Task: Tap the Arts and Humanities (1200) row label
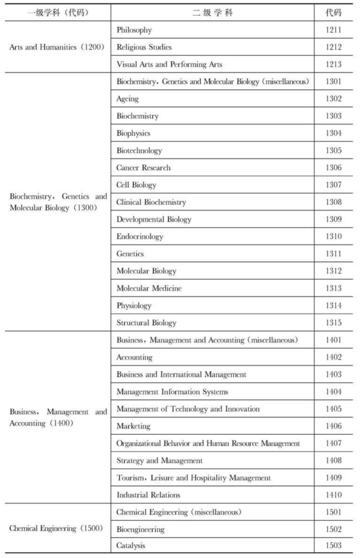pos(57,47)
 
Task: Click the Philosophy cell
pos(134,30)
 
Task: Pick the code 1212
pos(334,47)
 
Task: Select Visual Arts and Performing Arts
pos(169,65)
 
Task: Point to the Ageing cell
pos(128,99)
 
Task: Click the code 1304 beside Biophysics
pos(334,133)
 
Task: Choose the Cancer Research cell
pos(143,168)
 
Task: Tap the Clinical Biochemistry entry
pos(151,202)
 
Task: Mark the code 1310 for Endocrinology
pos(334,237)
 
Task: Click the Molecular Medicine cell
pos(149,289)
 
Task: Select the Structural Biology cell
pos(146,323)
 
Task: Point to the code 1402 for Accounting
pos(334,357)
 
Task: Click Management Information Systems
pos(172,391)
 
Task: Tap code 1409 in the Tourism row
pos(334,478)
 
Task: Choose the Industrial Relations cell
pos(148,495)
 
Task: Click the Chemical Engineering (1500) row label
pos(56,529)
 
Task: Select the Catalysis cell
pos(130,546)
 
